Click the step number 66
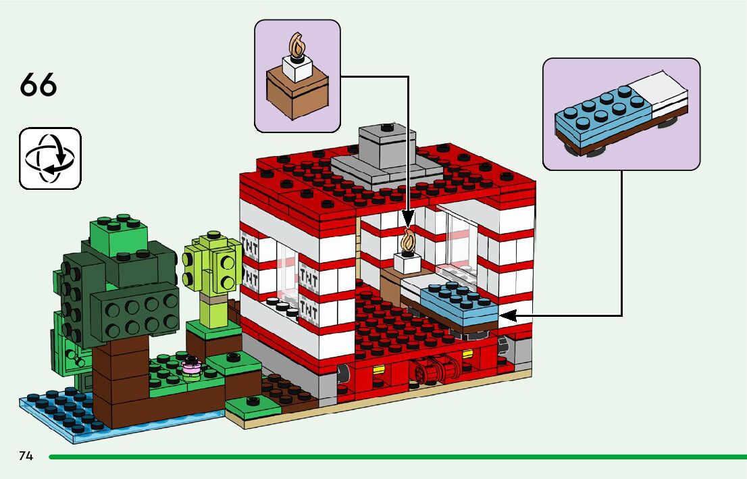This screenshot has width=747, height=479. coord(38,85)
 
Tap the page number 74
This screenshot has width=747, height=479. coord(26,456)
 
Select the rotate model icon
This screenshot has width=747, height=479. coord(50,158)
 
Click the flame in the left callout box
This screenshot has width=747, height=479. coord(297,45)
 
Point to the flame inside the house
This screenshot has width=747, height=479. coord(408,240)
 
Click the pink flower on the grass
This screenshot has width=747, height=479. coord(192,367)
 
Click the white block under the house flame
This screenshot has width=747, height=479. coord(409,263)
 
